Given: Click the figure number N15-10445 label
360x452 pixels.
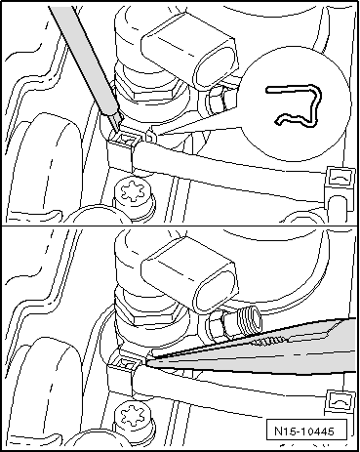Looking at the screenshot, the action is click(x=304, y=431).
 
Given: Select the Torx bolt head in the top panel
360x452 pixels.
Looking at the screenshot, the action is click(x=134, y=193).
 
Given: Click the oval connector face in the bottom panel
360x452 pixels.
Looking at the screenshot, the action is click(x=216, y=290).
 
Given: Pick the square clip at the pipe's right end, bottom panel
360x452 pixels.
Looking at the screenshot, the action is click(x=340, y=404).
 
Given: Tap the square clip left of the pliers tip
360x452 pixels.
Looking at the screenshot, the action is click(x=126, y=365).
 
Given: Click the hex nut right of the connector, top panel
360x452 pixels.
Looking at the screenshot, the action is click(x=216, y=100).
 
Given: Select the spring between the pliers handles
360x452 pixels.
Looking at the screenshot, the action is click(x=268, y=342).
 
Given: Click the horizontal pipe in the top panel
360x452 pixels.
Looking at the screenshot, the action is click(x=227, y=164).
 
